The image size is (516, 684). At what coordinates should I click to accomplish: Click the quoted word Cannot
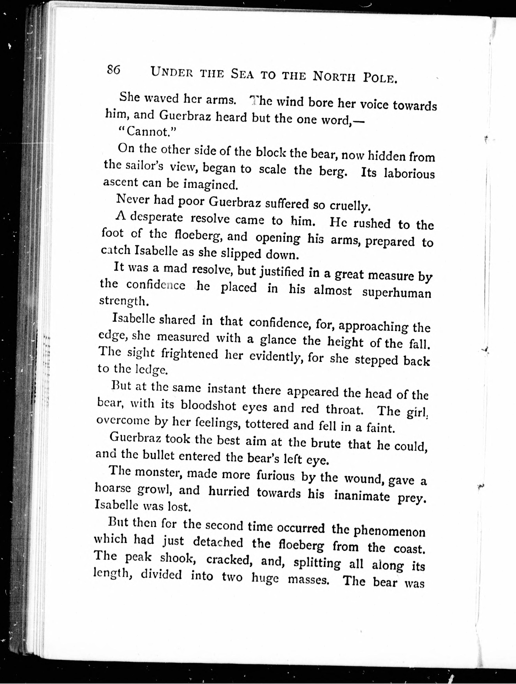147,132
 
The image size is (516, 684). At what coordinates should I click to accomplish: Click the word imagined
211,185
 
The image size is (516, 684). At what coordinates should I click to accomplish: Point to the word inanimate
362,495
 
